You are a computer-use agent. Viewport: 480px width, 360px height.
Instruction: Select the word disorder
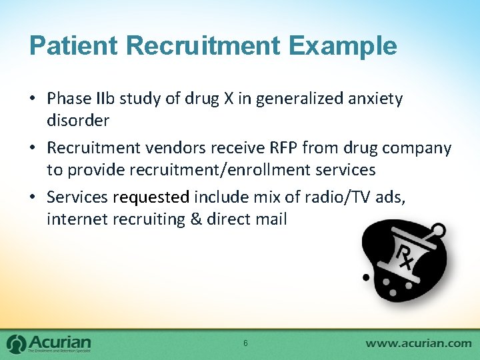78,121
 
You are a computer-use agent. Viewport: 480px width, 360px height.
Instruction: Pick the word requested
151,197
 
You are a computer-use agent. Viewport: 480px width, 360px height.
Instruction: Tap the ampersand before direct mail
196,219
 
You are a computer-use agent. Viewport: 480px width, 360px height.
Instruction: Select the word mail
272,219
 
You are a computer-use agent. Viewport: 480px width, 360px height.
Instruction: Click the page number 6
245,343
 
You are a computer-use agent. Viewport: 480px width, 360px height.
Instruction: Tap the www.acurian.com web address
418,343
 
